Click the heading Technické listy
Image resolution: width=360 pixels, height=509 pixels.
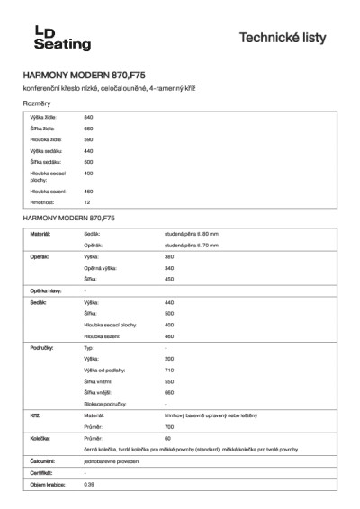coord(283,39)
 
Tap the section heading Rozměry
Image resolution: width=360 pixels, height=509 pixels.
coord(37,104)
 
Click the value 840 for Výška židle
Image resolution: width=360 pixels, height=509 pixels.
coord(89,119)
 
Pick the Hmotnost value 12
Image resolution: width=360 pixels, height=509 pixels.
coord(87,202)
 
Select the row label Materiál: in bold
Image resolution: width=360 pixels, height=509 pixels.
coord(40,234)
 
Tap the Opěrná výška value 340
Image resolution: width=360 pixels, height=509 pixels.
coord(169,268)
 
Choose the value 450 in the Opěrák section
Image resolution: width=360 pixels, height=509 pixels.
coord(169,279)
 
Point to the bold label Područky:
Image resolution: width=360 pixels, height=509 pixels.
coord(43,346)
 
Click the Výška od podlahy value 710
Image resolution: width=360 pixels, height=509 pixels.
coord(169,370)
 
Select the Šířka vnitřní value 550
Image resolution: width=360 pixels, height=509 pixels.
coord(169,381)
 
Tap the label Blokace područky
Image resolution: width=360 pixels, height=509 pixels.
coord(105,404)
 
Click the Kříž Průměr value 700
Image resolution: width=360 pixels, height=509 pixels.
coord(169,427)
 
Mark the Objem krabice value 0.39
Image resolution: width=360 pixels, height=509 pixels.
coord(89,485)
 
